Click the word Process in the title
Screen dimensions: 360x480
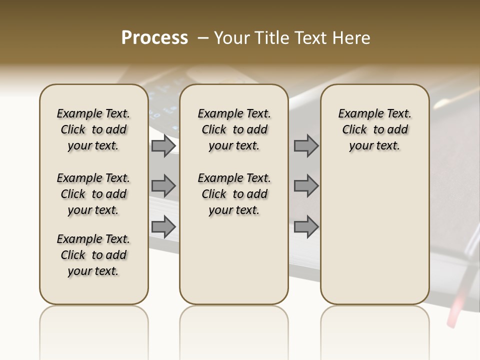pyautogui.click(x=154, y=38)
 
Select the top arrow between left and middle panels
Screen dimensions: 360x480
pyautogui.click(x=163, y=146)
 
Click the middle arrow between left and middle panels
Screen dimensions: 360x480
pyautogui.click(x=163, y=186)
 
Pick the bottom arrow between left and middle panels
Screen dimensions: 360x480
pyautogui.click(x=163, y=226)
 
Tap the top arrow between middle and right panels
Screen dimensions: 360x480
pyautogui.click(x=306, y=146)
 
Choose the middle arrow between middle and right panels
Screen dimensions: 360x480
pyautogui.click(x=306, y=186)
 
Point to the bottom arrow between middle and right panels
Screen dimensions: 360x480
pyautogui.click(x=306, y=226)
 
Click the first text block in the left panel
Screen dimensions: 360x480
pyautogui.click(x=93, y=129)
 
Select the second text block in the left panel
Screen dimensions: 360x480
pyautogui.click(x=93, y=194)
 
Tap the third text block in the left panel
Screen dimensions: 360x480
pyautogui.click(x=93, y=255)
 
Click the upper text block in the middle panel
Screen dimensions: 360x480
pyautogui.click(x=234, y=129)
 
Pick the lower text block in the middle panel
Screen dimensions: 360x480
pyautogui.click(x=234, y=194)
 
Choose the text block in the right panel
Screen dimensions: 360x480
pyautogui.click(x=375, y=129)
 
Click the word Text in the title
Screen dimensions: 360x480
pyautogui.click(x=311, y=38)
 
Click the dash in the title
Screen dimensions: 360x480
pyautogui.click(x=202, y=38)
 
